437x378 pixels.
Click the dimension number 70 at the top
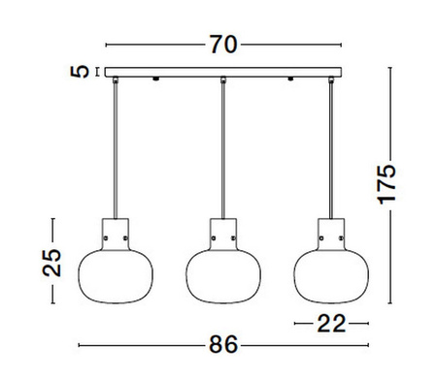(222, 44)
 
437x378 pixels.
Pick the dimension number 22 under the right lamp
(331, 324)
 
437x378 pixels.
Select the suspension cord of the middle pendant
(223, 145)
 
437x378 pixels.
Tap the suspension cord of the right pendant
(331, 145)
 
